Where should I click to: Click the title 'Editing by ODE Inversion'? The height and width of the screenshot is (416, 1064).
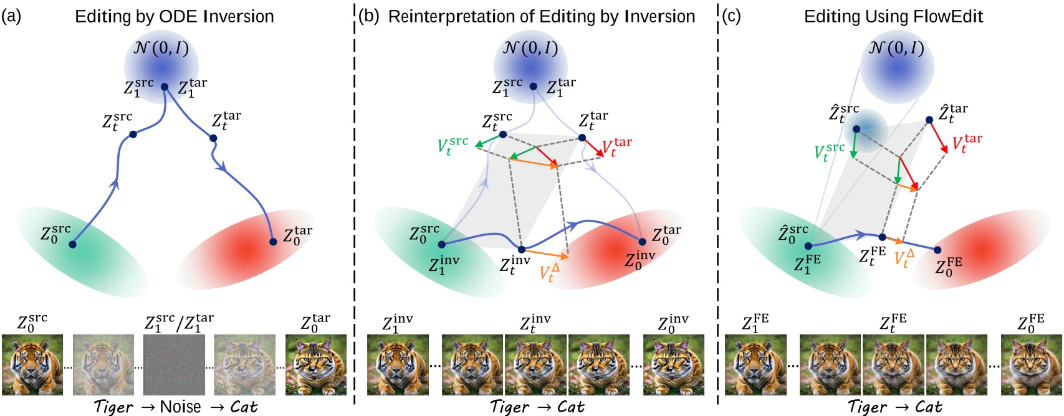(x=174, y=16)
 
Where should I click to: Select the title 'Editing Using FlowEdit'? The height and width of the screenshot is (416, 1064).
(x=893, y=16)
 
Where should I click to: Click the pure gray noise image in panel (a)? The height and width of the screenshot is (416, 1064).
(x=174, y=365)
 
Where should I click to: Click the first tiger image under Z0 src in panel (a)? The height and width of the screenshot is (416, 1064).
(x=32, y=365)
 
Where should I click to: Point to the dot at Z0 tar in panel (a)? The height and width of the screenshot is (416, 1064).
(x=273, y=242)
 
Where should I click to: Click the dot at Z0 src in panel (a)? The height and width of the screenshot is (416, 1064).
(x=72, y=244)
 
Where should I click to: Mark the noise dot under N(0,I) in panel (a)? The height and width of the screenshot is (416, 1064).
(x=165, y=87)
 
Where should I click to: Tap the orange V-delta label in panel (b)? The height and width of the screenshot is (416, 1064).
(x=549, y=272)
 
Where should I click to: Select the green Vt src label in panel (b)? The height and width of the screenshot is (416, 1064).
(x=453, y=146)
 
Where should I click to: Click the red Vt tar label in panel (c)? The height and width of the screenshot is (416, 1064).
(x=967, y=143)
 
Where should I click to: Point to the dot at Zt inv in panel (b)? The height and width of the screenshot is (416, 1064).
(x=522, y=250)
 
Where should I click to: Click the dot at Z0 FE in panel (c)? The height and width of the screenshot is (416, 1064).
(x=937, y=250)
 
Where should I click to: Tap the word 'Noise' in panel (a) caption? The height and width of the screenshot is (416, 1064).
(x=180, y=407)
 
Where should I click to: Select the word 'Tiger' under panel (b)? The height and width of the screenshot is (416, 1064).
(x=509, y=407)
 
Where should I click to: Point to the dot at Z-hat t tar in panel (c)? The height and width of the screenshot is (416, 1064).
(x=929, y=120)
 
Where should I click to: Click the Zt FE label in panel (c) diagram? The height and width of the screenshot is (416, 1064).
(x=872, y=255)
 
